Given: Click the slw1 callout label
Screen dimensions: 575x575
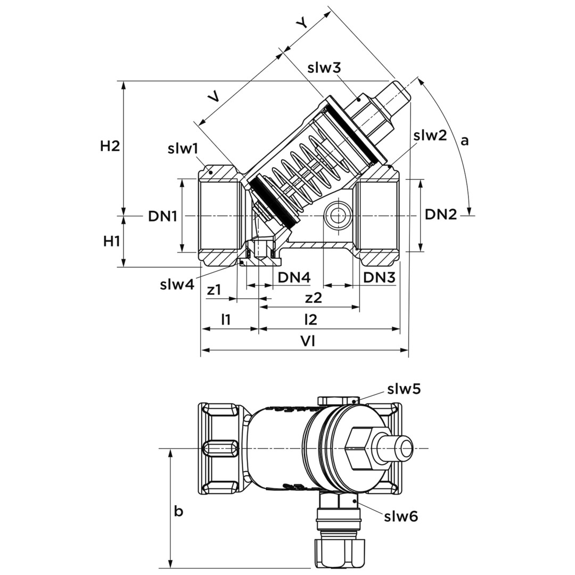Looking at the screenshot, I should pos(183,149).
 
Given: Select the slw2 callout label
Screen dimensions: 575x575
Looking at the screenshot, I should pos(430,135).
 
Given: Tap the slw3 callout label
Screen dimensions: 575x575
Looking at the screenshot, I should pos(324,68).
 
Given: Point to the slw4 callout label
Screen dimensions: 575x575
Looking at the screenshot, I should pos(177,284).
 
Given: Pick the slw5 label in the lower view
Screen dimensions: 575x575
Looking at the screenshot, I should pos(404,389).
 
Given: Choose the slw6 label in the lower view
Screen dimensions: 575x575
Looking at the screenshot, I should pos(401,516).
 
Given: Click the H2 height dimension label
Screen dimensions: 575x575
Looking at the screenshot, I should pos(110,146).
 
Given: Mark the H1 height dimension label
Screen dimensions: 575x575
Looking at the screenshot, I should pos(111,241).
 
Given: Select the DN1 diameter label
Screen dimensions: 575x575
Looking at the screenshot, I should pos(162,216).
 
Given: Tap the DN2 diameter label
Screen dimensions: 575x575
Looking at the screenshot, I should pos(441,215).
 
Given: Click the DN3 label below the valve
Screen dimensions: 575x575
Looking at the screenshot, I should pos(379,277).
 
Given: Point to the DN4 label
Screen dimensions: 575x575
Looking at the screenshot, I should pos(294,277).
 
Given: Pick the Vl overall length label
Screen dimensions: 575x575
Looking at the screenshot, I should pos(307,342).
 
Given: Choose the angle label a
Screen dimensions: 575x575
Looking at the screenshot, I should pos(464,141).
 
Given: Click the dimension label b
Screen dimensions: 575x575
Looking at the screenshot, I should pos(179,512).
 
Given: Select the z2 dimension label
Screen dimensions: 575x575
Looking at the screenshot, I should pos(314,298).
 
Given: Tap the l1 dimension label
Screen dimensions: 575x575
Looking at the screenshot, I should pos(226,319).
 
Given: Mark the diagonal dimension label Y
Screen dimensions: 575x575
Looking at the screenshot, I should pos(302,23).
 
